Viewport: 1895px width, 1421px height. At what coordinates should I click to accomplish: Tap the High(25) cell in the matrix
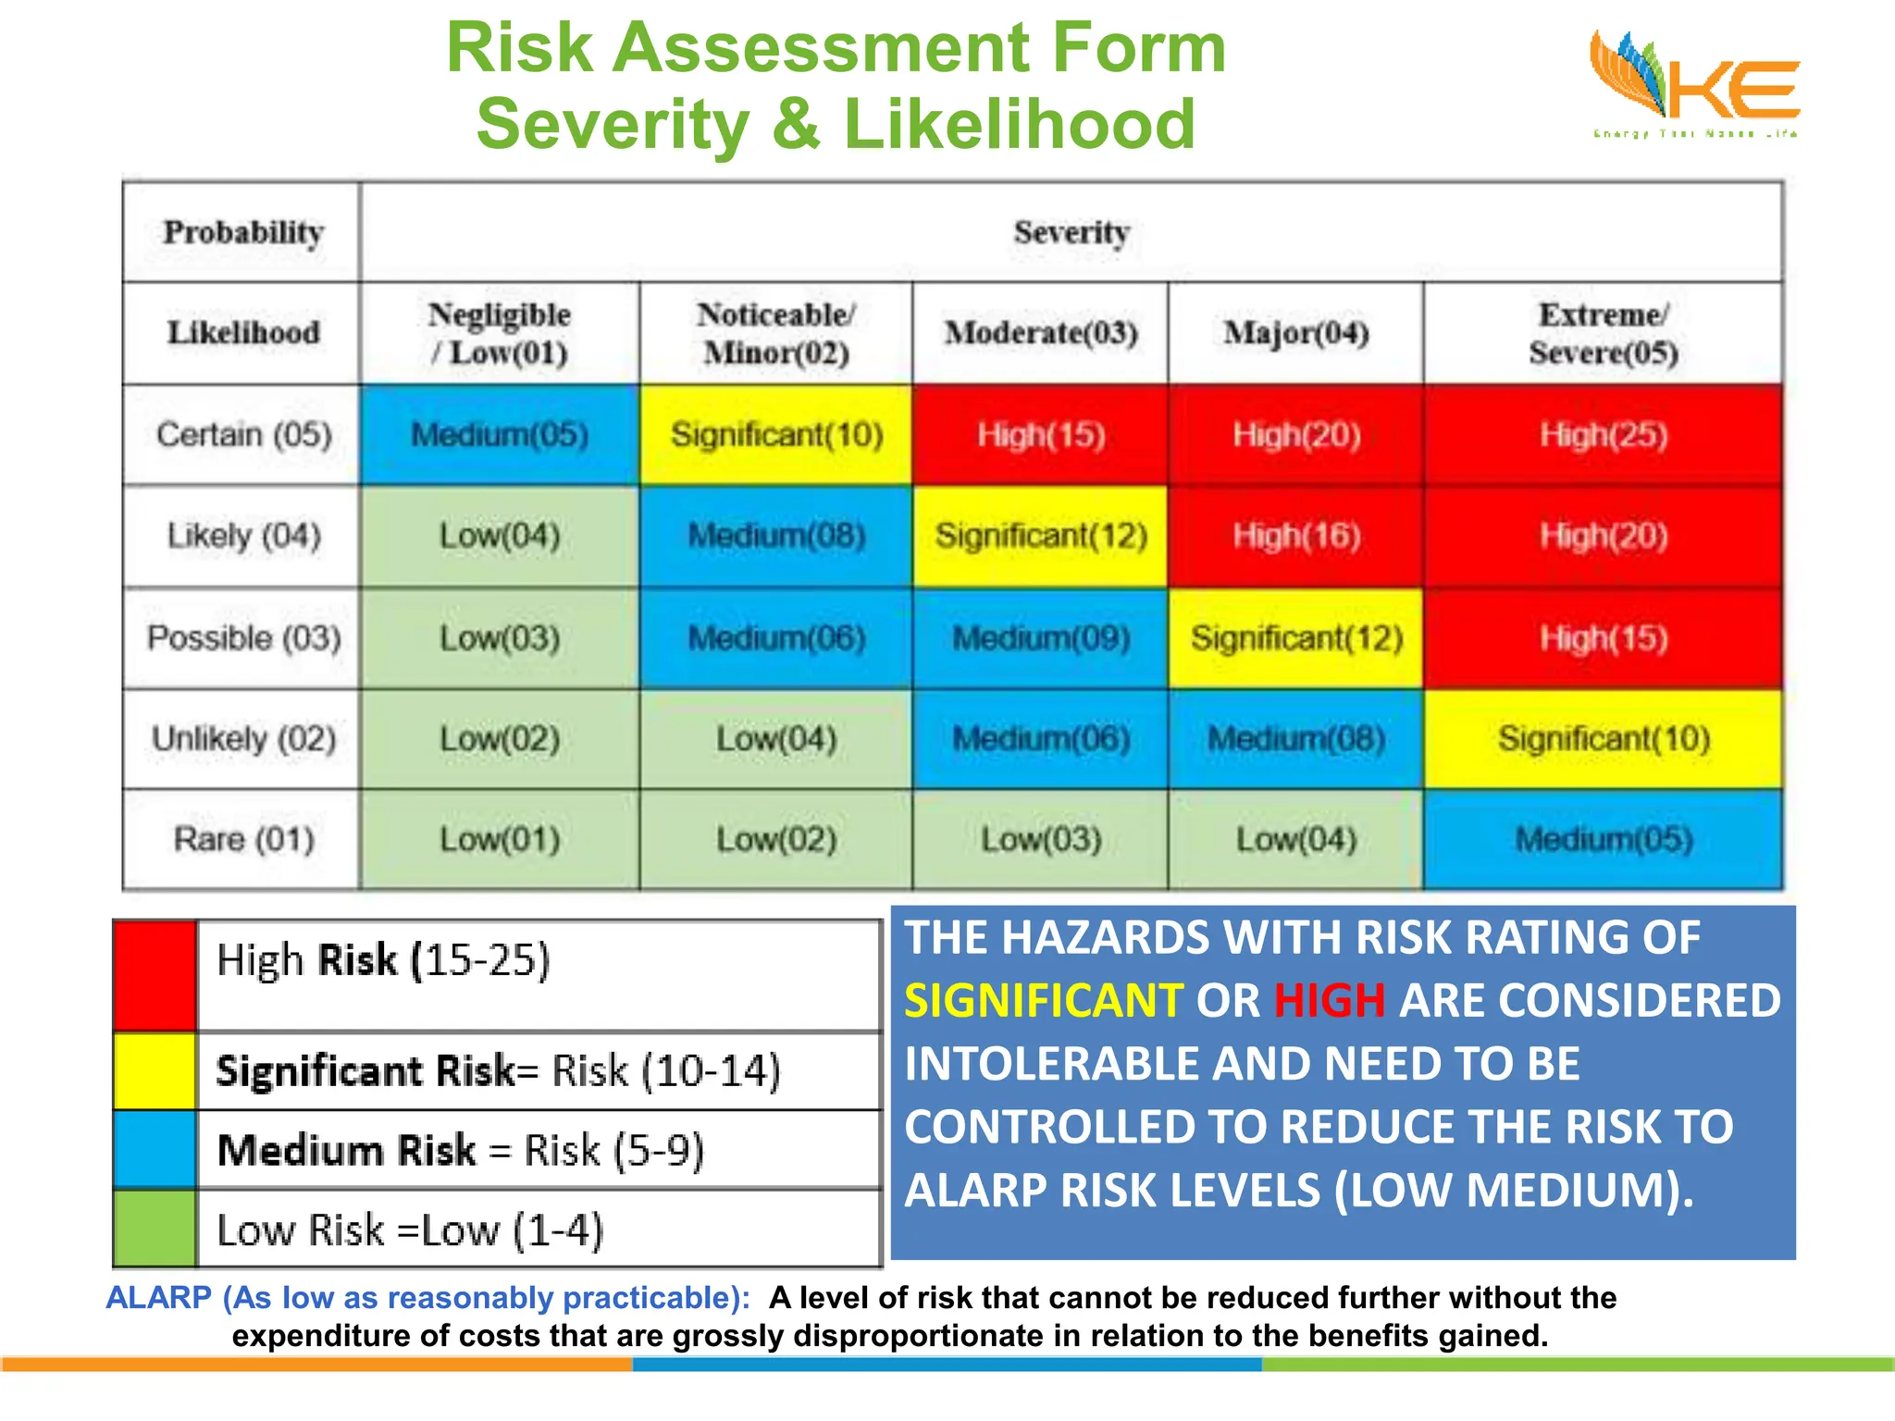1603,435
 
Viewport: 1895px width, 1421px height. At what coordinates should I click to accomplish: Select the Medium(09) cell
1041,637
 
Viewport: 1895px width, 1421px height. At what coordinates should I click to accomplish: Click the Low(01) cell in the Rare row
500,839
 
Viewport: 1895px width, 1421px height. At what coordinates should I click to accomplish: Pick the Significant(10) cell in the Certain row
776,435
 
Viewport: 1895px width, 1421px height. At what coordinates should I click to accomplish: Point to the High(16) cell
1295,536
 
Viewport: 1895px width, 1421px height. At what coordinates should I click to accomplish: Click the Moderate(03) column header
1041,333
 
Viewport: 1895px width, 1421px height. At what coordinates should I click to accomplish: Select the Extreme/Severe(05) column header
1603,333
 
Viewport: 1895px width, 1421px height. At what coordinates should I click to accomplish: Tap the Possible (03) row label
243,637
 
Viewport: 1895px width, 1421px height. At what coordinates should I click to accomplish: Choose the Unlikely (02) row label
243,738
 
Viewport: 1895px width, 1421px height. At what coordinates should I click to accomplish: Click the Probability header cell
243,231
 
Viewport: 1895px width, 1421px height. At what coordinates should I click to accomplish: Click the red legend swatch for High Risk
155,975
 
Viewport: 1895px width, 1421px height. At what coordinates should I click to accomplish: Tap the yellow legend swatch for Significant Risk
155,1071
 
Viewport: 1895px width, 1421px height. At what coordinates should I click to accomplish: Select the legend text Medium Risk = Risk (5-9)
461,1150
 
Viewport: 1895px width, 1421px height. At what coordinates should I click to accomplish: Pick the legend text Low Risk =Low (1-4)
410,1230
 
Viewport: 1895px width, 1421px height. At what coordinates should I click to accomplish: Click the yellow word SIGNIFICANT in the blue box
1043,1001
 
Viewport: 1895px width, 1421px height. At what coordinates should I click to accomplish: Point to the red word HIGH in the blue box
1330,1001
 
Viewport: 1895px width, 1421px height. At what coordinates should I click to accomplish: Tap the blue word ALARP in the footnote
159,1298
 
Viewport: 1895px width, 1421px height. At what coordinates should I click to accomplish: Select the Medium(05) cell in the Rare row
1603,839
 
